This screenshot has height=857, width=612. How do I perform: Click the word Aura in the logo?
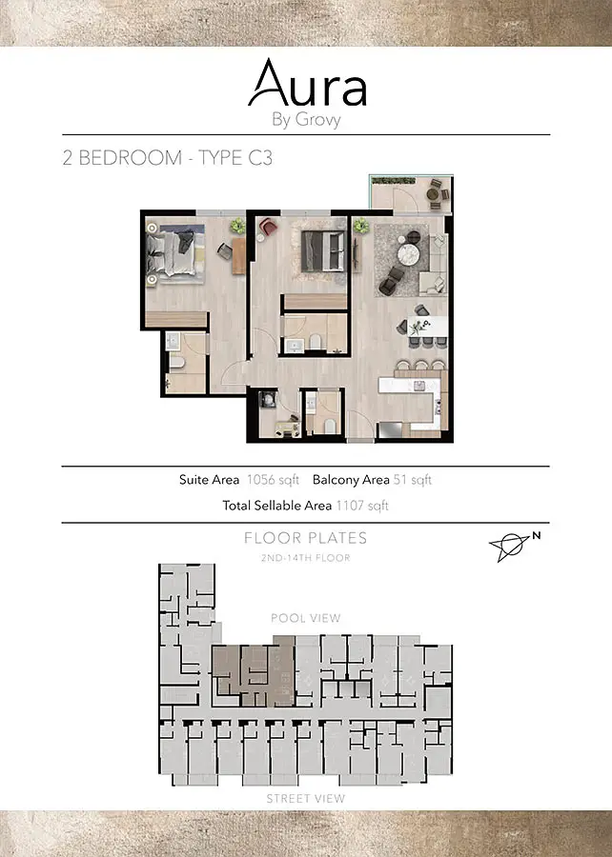(x=307, y=83)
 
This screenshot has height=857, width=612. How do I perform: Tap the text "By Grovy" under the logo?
(x=306, y=120)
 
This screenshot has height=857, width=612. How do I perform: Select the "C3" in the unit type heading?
(x=260, y=158)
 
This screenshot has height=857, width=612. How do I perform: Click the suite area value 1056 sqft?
(x=273, y=480)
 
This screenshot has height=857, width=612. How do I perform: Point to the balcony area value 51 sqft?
(x=413, y=480)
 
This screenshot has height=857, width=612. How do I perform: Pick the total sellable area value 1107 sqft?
(x=362, y=506)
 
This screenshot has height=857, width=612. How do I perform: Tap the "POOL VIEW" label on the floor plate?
(x=306, y=618)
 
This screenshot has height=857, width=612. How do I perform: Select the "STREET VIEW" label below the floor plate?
(x=306, y=799)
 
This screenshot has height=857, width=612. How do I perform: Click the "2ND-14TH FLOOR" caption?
(x=306, y=558)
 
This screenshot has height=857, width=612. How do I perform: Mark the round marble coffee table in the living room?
(x=408, y=254)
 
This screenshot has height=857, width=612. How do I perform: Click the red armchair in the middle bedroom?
(x=268, y=227)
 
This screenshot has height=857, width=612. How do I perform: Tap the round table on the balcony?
(x=433, y=194)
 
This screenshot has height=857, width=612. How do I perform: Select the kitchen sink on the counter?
(x=418, y=386)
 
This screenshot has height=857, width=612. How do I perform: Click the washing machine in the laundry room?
(x=268, y=401)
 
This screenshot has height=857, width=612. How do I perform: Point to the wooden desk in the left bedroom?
(x=238, y=256)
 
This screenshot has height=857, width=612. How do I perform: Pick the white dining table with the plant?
(x=428, y=327)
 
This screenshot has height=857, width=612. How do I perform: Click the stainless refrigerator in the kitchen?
(x=390, y=430)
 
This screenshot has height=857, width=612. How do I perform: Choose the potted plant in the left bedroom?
(x=238, y=225)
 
